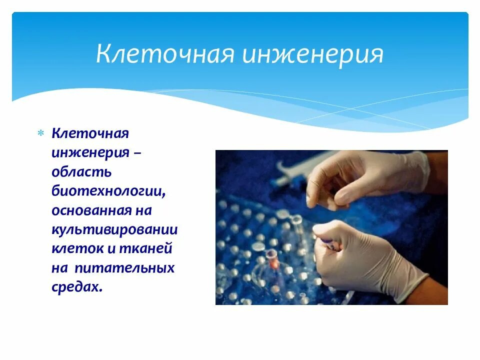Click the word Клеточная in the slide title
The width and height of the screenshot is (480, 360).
[x=165, y=53]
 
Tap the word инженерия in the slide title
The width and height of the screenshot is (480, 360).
[x=312, y=55]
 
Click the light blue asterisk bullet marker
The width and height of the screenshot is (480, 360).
[x=40, y=133]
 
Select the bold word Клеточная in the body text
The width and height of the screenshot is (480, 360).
[x=90, y=133]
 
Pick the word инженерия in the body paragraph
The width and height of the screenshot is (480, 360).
[x=90, y=153]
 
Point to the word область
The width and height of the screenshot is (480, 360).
[x=81, y=171]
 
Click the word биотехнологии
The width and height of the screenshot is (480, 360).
[x=108, y=191]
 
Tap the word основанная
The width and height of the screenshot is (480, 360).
[x=91, y=210]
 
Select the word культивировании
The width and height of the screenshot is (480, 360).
[x=115, y=230]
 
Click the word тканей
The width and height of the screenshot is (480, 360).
[x=145, y=249]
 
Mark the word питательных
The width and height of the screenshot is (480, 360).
[x=124, y=268]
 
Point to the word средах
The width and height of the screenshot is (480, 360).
[x=77, y=287]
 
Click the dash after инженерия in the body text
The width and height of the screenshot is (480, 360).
[x=137, y=153]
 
